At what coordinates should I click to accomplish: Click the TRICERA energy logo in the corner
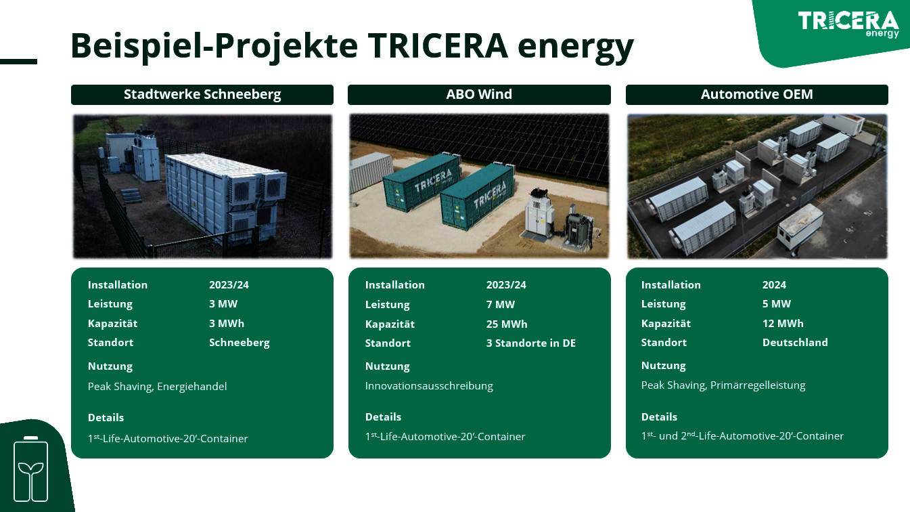point(848,24)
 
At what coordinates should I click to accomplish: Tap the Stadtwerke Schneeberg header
point(202,94)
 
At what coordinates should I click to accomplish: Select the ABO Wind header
point(479,94)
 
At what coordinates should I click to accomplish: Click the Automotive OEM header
point(757,94)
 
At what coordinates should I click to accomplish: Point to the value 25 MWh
point(507,324)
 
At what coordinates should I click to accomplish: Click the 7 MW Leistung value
point(501,304)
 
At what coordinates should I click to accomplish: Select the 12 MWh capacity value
point(783,323)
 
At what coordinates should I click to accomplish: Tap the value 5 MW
point(776,304)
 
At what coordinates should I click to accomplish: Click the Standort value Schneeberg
point(240,343)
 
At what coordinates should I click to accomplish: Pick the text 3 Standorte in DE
point(531,343)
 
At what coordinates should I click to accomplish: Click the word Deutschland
point(795,343)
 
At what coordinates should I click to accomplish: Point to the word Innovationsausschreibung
point(429,385)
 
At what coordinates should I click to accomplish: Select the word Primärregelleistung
point(758,385)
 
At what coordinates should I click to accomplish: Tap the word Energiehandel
point(191,386)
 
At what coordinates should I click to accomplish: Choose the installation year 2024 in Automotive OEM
point(774,284)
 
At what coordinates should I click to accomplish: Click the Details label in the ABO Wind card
point(383,417)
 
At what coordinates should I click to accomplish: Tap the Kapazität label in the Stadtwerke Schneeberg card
point(112,323)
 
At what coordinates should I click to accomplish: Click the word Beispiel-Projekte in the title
point(214,45)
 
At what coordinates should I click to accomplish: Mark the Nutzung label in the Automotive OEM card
point(664,366)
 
